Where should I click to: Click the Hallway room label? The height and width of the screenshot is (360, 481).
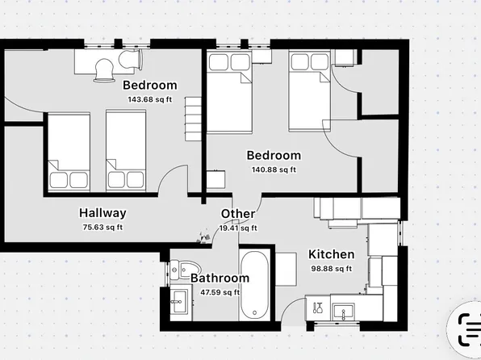(x=102, y=213)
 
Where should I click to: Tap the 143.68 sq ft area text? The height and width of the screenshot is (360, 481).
(x=151, y=99)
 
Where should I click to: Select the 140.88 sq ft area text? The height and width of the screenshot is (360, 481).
(x=273, y=170)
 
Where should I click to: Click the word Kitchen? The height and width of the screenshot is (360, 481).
(x=332, y=255)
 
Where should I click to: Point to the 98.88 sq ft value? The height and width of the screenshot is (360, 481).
(x=332, y=269)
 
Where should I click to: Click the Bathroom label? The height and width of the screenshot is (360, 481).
(x=220, y=278)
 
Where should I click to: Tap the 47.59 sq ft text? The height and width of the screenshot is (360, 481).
(x=220, y=292)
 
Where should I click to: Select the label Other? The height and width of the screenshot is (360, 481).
(x=238, y=214)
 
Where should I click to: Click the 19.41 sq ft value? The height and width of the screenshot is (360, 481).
(x=239, y=228)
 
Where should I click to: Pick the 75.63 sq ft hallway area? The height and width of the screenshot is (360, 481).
(x=102, y=227)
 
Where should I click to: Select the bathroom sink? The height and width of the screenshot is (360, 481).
(x=178, y=302)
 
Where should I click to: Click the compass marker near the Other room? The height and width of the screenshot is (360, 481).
(x=199, y=237)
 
